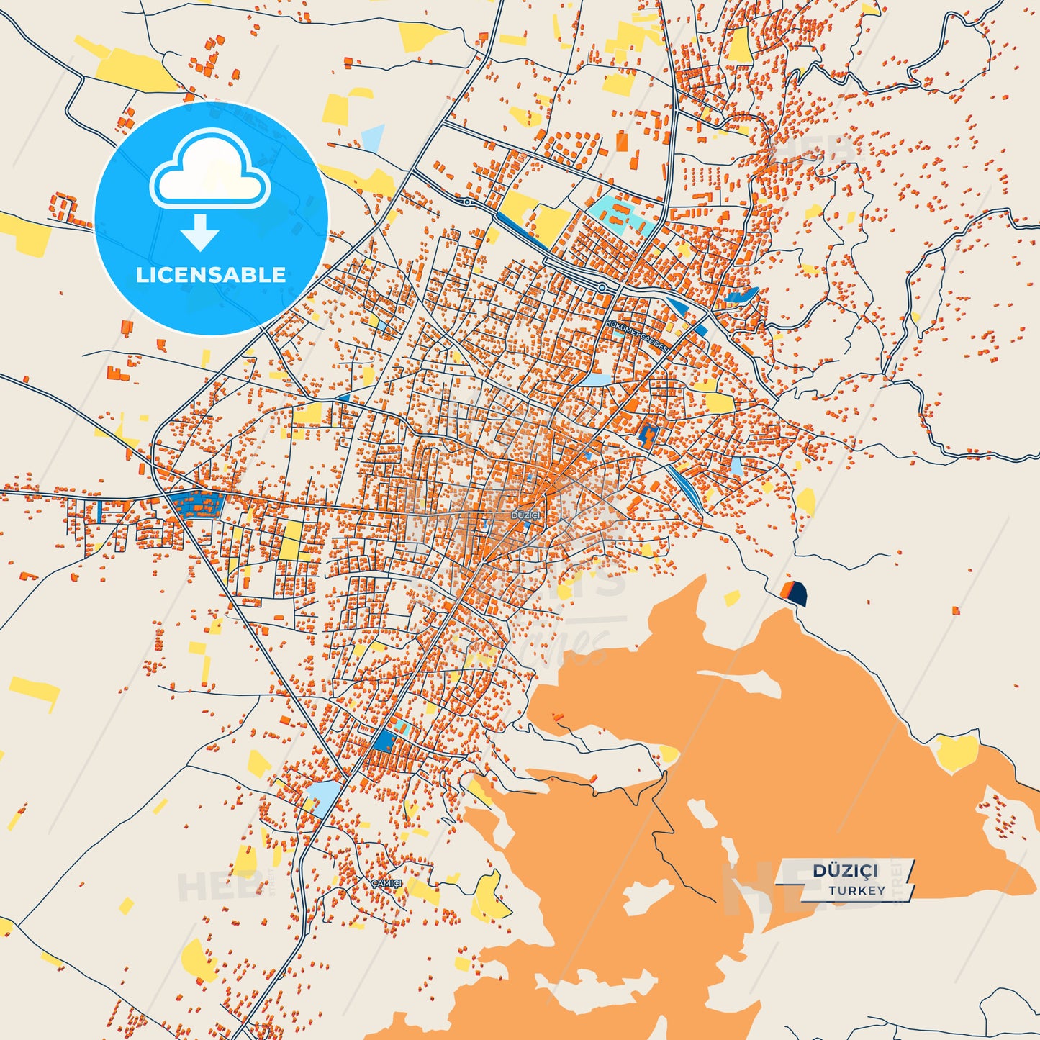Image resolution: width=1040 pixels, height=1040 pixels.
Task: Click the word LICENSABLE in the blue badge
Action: click(x=211, y=274)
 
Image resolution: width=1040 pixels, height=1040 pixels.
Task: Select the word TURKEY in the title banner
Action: click(x=856, y=890)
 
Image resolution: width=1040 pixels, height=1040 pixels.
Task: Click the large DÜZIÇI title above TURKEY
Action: click(x=846, y=871)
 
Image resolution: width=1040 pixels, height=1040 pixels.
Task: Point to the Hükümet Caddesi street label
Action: click(x=636, y=335)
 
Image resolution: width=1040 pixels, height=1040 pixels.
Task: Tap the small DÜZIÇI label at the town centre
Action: click(x=525, y=515)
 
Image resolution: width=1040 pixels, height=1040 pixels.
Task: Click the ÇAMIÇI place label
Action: click(x=386, y=883)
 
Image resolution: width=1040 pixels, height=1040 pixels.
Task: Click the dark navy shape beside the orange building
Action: click(x=798, y=594)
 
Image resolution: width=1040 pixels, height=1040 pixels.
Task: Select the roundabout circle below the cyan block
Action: click(x=602, y=288)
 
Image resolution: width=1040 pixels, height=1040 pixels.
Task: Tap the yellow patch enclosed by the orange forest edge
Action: click(x=957, y=751)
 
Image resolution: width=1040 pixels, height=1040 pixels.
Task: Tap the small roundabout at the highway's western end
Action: click(x=467, y=202)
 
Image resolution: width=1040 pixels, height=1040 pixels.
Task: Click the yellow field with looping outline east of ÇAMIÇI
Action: click(x=489, y=896)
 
